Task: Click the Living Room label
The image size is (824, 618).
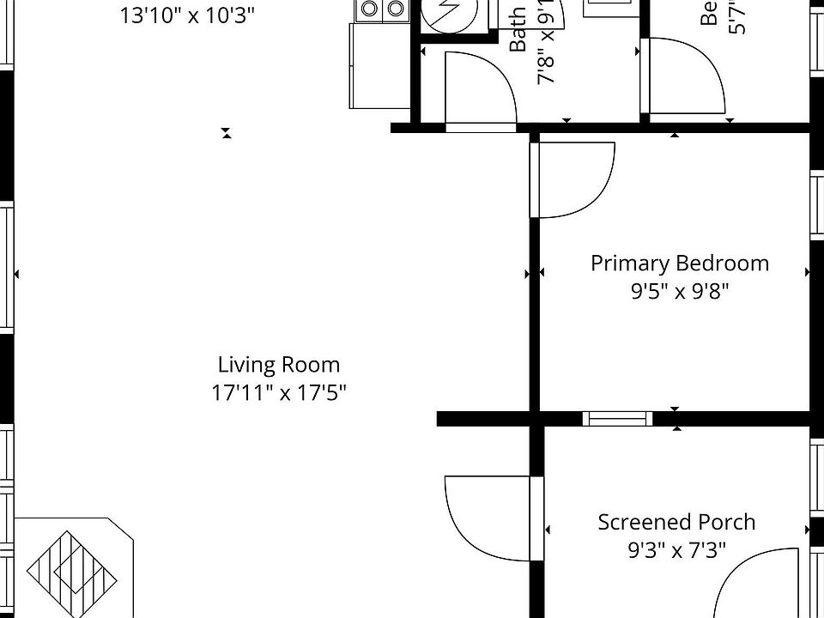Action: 278,365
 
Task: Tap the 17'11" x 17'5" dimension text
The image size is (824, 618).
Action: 278,393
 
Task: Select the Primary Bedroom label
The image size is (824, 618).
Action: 679,263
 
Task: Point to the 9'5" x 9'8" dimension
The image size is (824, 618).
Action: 679,291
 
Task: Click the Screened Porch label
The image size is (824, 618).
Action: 676,522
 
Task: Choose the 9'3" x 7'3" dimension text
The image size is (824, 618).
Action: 676,549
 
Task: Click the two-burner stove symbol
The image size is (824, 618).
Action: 382,9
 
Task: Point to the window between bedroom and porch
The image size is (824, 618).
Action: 617,419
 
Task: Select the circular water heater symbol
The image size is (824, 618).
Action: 447,12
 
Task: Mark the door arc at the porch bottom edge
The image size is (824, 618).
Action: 755,584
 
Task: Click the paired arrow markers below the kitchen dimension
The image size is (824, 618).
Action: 227,133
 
